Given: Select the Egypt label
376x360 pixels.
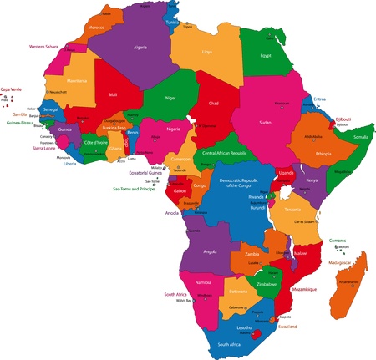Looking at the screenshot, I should (267, 56).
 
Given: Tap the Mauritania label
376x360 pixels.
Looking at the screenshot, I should (77, 80).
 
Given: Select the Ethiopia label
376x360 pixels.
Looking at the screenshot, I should (323, 153).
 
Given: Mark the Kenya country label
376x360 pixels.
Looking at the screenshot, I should (311, 180).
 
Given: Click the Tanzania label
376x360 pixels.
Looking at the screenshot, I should (292, 210).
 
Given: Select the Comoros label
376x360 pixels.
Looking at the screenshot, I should (338, 240).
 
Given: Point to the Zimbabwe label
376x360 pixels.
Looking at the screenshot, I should (267, 283).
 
